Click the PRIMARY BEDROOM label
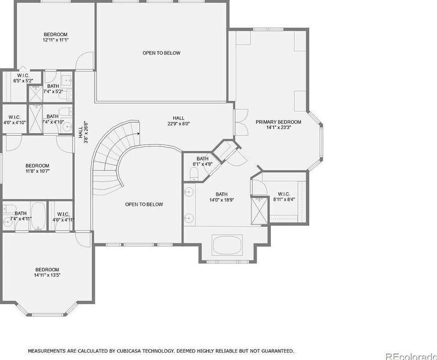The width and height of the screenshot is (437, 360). coord(278,125)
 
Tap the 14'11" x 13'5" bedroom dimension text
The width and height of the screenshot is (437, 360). coord(47,275)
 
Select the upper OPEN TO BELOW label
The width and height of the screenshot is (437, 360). coord(161,53)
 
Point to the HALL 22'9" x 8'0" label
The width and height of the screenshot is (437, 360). coord(179,121)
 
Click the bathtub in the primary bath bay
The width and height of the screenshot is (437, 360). coord(227,245)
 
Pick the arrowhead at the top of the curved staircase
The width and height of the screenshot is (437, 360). coord(138,134)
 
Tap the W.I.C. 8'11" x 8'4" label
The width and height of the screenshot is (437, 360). coord(284,197)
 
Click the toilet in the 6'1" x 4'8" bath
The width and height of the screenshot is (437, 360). coord(194,174)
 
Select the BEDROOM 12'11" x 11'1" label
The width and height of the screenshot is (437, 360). coord(56,37)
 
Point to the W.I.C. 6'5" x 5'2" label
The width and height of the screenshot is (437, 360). coord(23,78)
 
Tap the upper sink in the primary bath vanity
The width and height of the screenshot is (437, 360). coord(189,192)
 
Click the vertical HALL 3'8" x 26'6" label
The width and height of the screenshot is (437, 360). coord(83,132)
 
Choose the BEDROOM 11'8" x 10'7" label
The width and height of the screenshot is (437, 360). coord(37,169)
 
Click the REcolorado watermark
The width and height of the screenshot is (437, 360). coord(411,356)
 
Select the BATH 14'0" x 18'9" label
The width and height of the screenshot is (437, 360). coord(222,197)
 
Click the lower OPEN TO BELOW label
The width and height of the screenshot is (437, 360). coord(144,205)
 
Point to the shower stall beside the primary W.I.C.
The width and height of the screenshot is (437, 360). coord(259,210)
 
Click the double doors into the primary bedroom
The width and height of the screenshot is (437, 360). coord(242,122)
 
